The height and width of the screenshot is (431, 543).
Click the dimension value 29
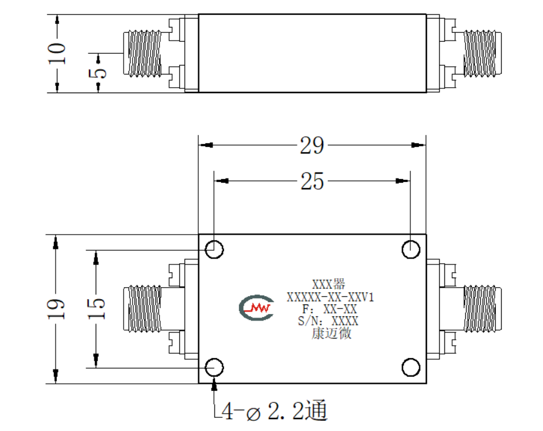pos(312,146)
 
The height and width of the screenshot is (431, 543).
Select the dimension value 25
pos(312,181)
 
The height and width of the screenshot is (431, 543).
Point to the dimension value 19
pos(56,309)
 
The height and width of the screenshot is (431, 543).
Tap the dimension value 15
pos(96,309)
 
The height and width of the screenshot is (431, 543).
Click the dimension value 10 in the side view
pos(56,53)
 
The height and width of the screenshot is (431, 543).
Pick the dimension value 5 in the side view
pos(98,73)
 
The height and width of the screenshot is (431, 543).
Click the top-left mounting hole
pos(214,250)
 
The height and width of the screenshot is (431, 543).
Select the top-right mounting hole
pos(411,250)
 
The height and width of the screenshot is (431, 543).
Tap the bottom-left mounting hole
pos(214,367)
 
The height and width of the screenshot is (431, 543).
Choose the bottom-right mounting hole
pos(411,367)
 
